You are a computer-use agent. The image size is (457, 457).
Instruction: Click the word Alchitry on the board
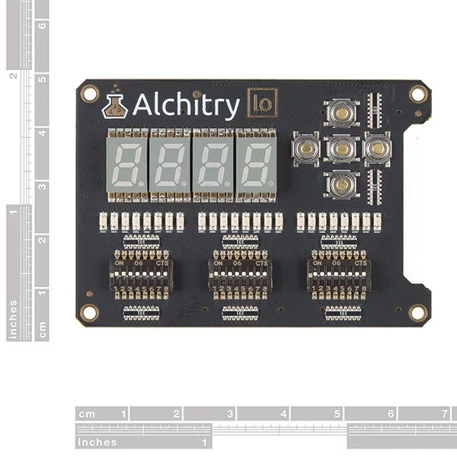pyautogui.click(x=186, y=106)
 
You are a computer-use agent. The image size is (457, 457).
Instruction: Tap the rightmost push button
pyautogui.click(x=376, y=149)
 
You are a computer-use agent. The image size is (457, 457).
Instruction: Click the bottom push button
pyautogui.click(x=341, y=184)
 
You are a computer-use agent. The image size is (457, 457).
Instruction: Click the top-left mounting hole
pyautogui.click(x=90, y=94)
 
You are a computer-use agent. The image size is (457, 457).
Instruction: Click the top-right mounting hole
pyautogui.click(x=417, y=94)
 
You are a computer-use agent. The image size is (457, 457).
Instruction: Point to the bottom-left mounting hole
pyautogui.click(x=90, y=312)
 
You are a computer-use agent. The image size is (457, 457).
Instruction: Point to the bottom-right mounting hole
pyautogui.click(x=417, y=312)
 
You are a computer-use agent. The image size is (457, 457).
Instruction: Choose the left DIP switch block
pyautogui.click(x=142, y=278)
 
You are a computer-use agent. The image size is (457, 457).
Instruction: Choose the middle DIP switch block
pyautogui.click(x=240, y=278)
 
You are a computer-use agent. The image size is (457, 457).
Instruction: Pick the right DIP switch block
pyautogui.click(x=339, y=278)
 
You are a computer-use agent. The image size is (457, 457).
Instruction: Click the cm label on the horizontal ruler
pyautogui.click(x=88, y=414)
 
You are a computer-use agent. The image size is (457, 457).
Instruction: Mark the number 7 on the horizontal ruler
pyautogui.click(x=443, y=414)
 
